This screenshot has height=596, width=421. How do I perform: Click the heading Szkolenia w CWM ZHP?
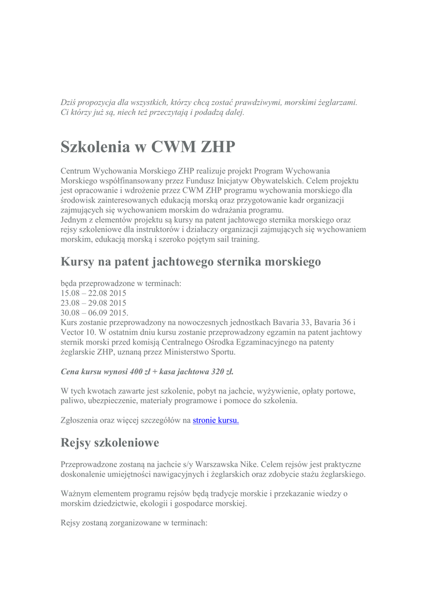click(x=148, y=147)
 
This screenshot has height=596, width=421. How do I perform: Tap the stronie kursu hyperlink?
click(x=216, y=420)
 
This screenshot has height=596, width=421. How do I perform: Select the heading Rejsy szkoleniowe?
click(x=110, y=443)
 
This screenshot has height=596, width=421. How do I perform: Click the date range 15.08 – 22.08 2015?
click(x=93, y=293)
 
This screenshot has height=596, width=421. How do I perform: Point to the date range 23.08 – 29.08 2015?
click(x=93, y=303)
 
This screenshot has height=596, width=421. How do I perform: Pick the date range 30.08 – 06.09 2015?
click(x=94, y=313)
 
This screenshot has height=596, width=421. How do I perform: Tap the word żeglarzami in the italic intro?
click(x=337, y=102)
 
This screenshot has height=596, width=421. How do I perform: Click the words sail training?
click(x=240, y=239)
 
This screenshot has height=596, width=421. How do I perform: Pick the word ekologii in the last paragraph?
click(x=151, y=503)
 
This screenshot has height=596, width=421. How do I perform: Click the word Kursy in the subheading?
click(x=78, y=262)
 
